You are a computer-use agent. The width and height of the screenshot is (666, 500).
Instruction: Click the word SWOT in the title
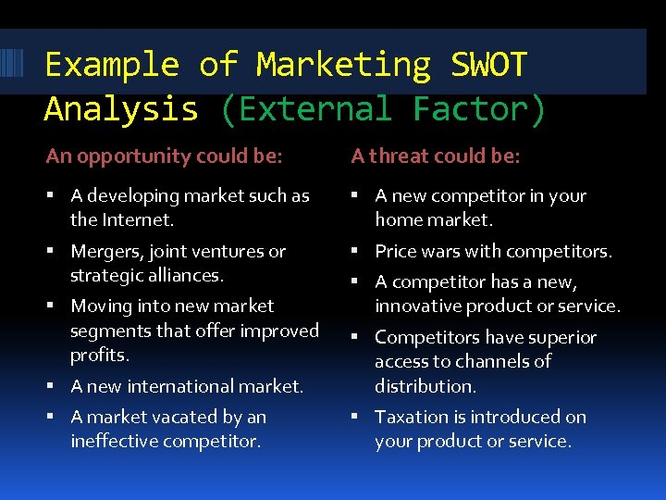pos(488,65)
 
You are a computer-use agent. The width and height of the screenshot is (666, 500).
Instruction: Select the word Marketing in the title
pos(343,65)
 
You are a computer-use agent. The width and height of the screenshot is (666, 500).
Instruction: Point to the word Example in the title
pos(111,65)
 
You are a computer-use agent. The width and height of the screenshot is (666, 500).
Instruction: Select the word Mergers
pos(104,251)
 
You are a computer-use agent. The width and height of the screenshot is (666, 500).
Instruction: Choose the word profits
pos(99,355)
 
